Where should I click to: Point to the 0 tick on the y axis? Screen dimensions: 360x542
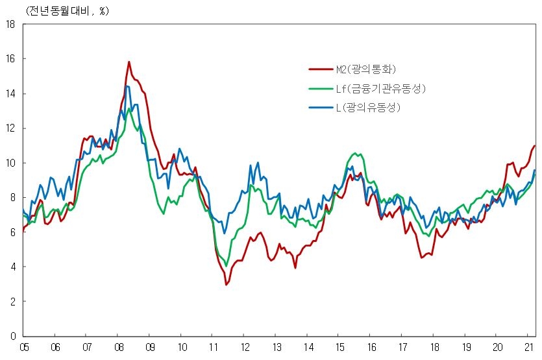(x=12, y=336)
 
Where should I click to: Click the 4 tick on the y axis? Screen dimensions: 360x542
(x=12, y=267)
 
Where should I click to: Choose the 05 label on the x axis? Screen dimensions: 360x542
(x=24, y=348)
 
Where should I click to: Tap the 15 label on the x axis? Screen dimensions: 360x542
(x=338, y=348)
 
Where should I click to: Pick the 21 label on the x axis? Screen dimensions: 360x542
(x=528, y=348)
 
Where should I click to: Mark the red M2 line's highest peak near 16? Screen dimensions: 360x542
(x=129, y=62)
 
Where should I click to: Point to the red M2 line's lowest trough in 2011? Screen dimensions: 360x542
(x=227, y=284)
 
